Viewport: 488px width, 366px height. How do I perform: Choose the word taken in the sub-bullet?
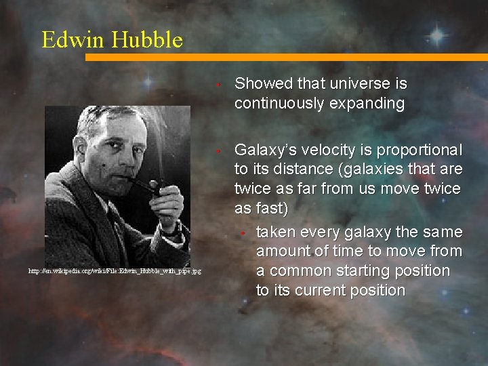[x=275, y=232]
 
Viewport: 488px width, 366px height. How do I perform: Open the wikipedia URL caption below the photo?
[x=114, y=271]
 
